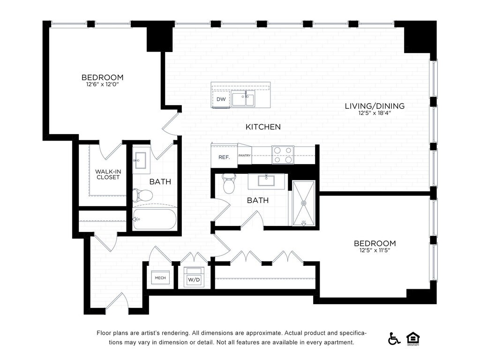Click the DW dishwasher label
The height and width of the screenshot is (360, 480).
click(221, 99)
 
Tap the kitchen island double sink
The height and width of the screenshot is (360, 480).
click(243, 98)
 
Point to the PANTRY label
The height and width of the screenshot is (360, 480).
click(244, 156)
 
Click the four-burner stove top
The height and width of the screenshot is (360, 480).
click(283, 155)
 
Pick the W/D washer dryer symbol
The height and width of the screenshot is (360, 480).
click(194, 277)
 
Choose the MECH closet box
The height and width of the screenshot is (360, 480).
click(160, 277)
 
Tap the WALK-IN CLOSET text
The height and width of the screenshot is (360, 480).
click(108, 174)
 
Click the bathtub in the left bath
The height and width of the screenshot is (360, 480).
click(155, 218)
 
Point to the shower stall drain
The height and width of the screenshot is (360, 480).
click(304, 203)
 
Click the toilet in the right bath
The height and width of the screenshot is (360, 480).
click(228, 183)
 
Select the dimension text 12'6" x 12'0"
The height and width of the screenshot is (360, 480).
click(102, 84)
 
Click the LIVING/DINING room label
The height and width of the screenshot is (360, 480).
click(375, 106)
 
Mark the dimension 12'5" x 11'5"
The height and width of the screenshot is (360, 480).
click(375, 250)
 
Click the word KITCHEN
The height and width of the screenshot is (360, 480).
click(263, 127)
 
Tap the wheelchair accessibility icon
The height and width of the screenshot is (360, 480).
click(394, 338)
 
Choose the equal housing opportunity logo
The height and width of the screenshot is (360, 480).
click(413, 339)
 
